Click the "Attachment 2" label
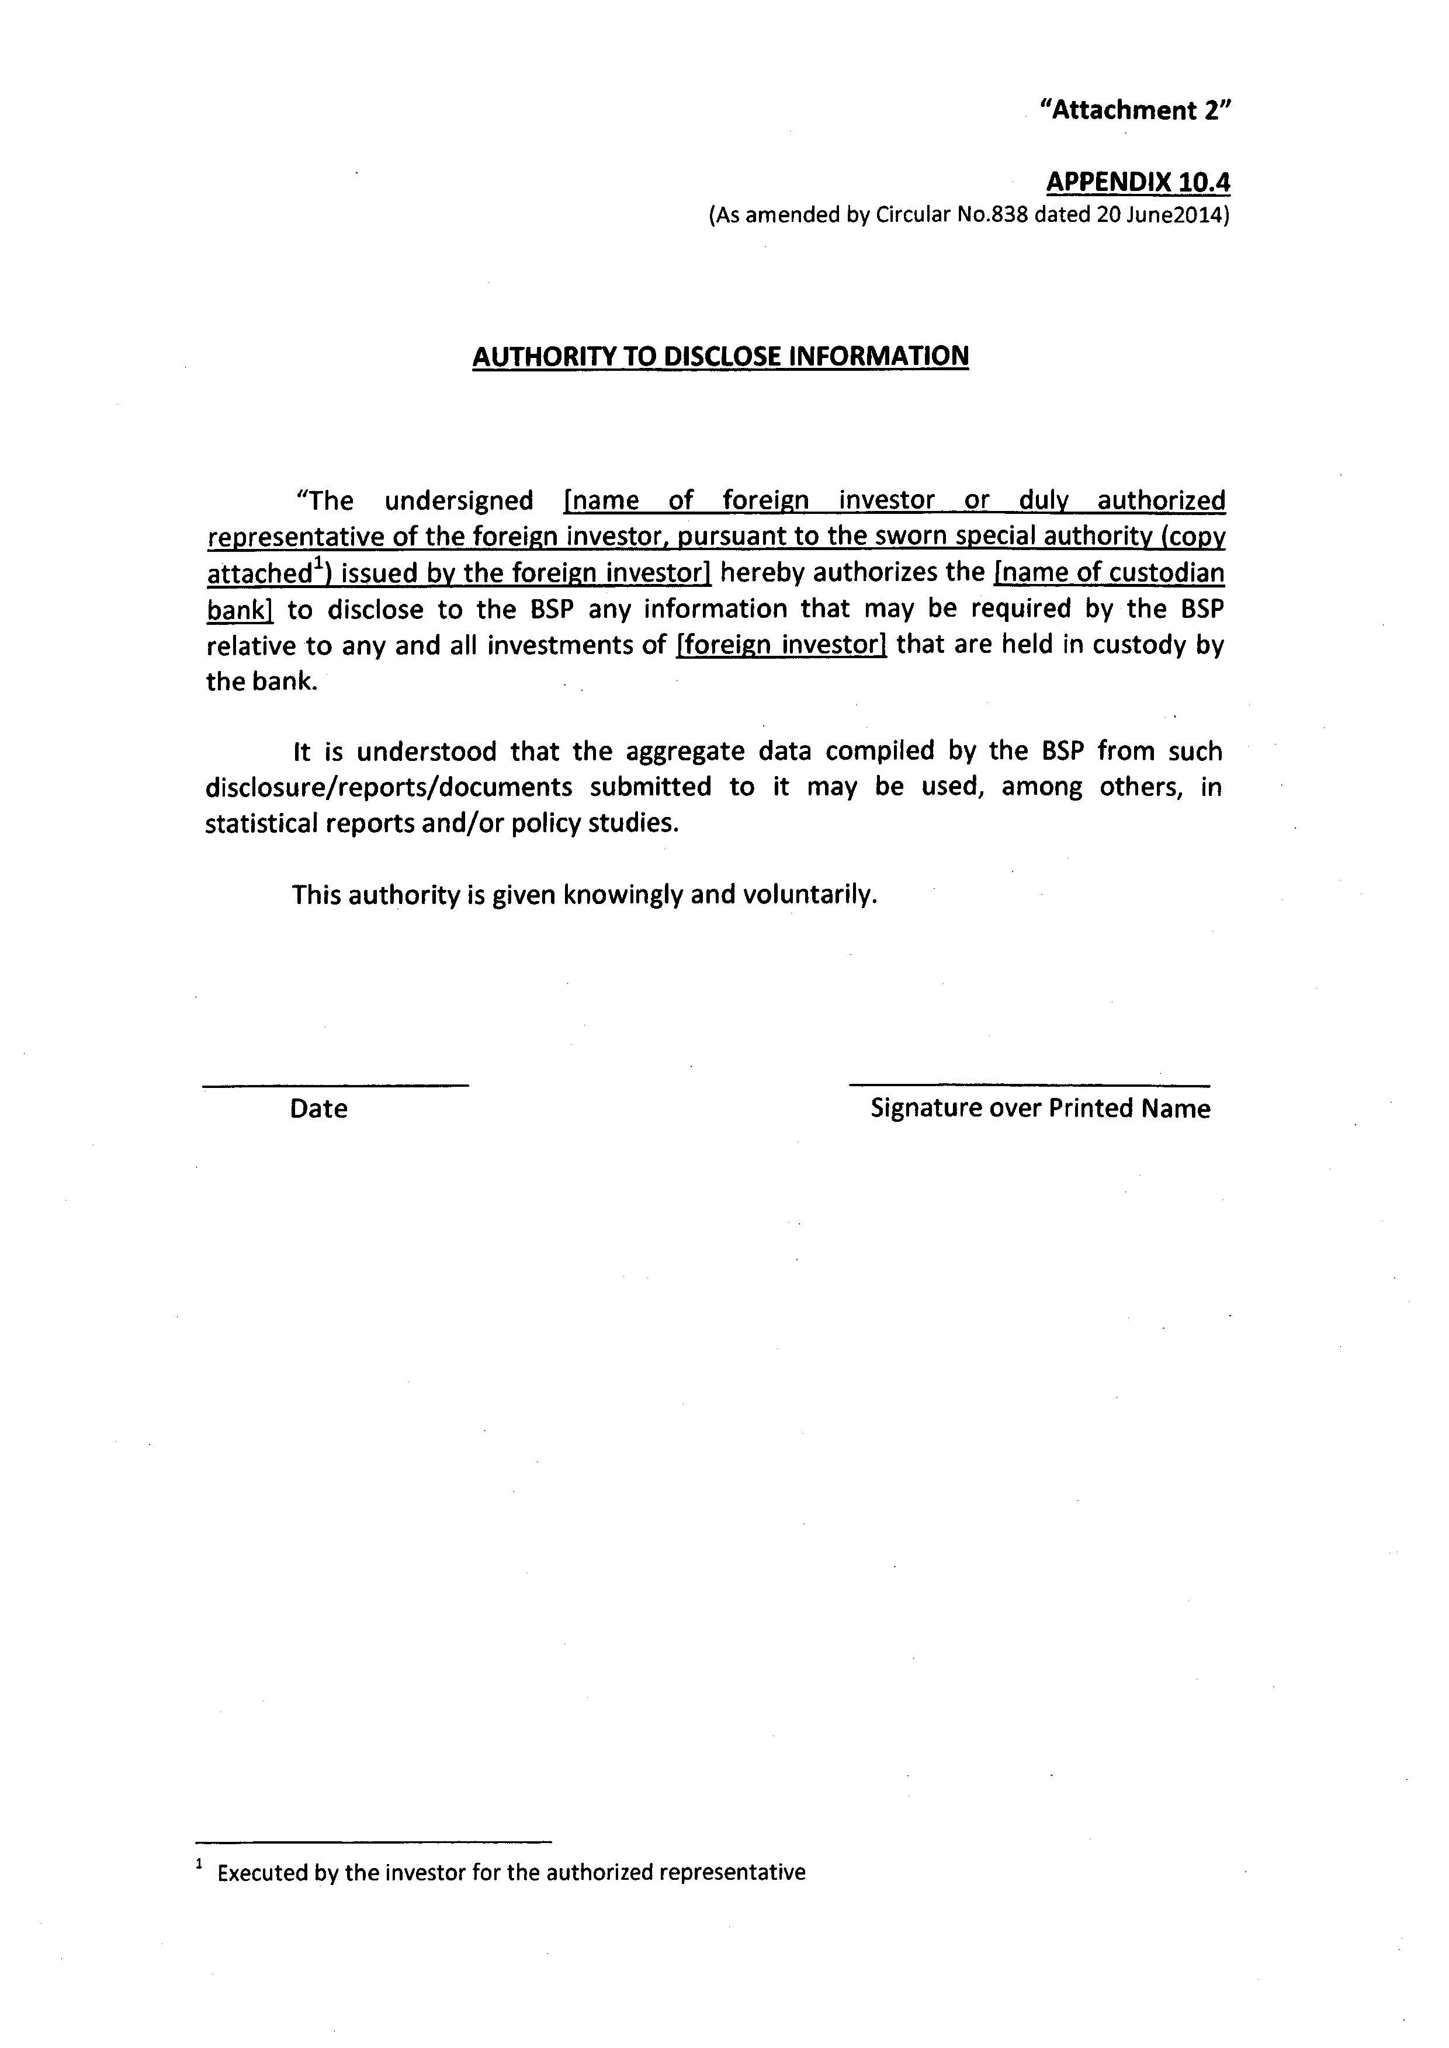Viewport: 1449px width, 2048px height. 1135,110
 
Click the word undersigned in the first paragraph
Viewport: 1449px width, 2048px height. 459,500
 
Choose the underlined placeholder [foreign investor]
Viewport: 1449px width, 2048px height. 782,645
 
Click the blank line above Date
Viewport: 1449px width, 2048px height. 335,1084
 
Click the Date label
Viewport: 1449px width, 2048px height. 318,1109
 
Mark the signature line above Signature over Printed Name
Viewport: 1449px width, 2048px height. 1029,1084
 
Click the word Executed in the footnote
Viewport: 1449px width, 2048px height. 262,1872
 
